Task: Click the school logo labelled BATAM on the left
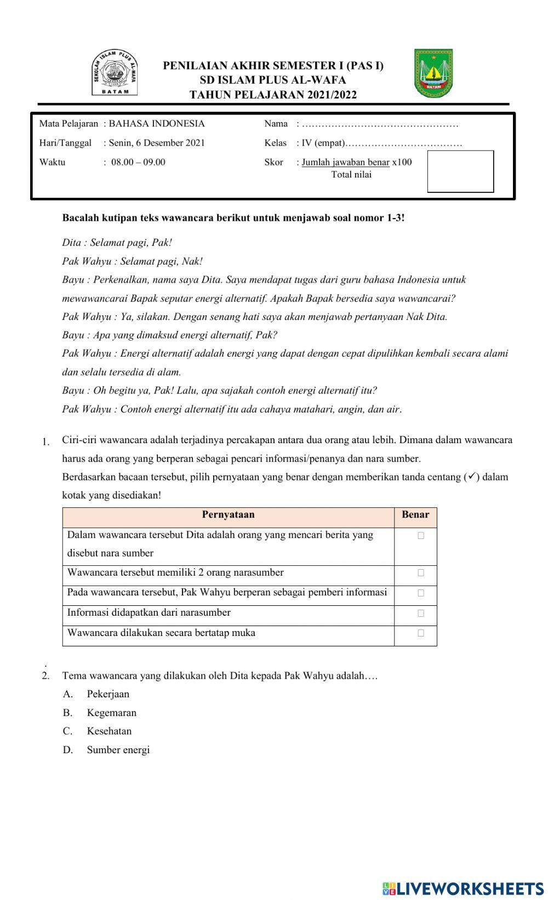115,72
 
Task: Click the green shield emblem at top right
433,73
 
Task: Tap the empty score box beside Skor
460,171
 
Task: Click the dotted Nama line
380,124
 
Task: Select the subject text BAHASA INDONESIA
157,124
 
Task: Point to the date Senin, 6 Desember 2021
157,143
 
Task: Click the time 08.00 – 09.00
138,162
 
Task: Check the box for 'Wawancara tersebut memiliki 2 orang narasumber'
421,573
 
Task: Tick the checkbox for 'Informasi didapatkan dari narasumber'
421,614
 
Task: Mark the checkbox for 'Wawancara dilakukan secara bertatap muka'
421,633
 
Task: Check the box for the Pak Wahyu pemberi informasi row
421,593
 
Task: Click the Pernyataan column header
228,515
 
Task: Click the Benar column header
415,515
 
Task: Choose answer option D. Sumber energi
118,750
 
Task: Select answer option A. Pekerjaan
108,694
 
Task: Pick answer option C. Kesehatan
109,731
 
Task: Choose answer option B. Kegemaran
111,713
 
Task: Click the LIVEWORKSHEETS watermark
463,888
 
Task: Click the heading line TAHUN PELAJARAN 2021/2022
273,95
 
